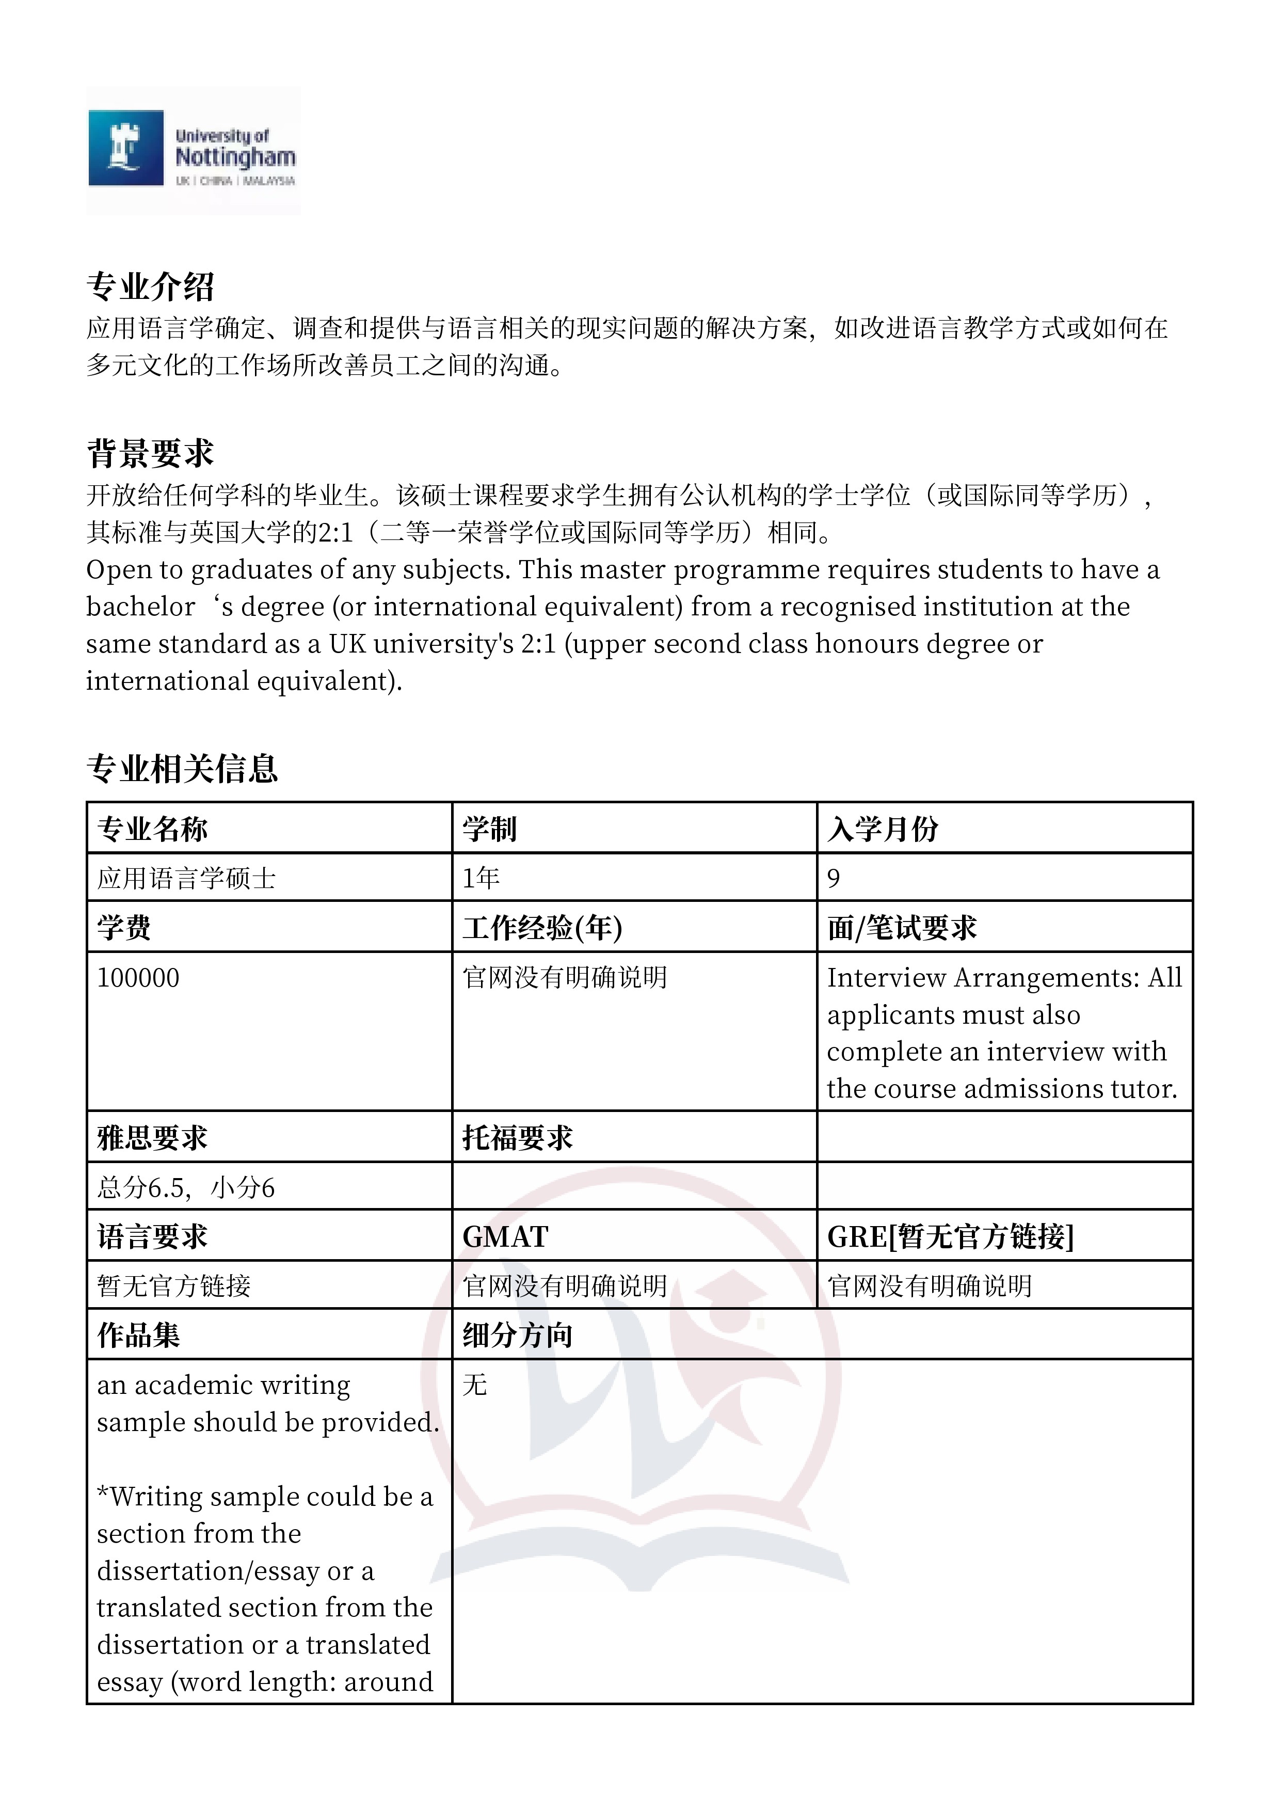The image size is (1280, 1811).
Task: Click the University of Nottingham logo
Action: point(193,150)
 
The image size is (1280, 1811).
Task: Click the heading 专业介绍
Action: point(150,287)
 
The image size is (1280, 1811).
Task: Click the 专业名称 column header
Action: point(152,829)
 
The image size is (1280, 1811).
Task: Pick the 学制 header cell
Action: point(489,829)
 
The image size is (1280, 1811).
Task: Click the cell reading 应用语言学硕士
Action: point(186,878)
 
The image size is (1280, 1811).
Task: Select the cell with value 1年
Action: point(481,878)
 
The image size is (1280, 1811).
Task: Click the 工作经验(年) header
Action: point(542,928)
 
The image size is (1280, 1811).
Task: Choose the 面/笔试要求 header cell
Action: point(902,928)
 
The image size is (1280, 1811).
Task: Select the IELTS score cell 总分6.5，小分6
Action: point(186,1188)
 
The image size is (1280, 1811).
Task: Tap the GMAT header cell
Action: point(505,1237)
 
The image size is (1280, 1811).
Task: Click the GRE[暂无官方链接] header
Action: point(950,1237)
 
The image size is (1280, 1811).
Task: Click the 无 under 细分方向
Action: point(475,1385)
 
